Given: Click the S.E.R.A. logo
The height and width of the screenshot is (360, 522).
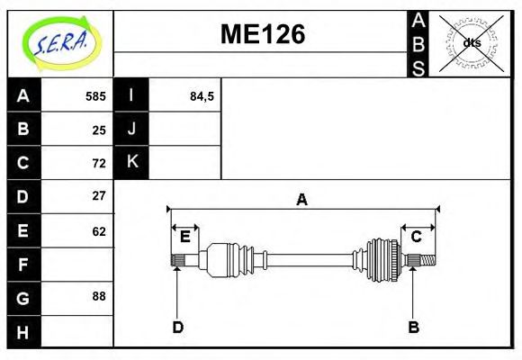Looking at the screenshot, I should (60, 40).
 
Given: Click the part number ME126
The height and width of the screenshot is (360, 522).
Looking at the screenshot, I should (263, 35).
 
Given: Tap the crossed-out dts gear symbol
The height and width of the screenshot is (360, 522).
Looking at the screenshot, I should (472, 42).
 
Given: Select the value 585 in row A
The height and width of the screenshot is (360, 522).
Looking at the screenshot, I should (95, 96).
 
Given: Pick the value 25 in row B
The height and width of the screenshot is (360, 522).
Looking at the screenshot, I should (99, 130).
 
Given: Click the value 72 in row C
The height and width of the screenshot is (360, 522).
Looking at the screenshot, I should (99, 163).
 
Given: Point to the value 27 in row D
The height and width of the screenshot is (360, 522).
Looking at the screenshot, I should (99, 196).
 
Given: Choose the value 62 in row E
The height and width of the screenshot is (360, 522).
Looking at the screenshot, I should (99, 231).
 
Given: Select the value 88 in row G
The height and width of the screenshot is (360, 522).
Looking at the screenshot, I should (99, 296).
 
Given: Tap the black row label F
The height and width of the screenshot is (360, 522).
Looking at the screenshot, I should (23, 265).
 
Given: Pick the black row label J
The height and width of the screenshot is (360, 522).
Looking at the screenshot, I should (131, 130).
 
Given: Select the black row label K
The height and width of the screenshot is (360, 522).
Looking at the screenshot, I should (131, 163).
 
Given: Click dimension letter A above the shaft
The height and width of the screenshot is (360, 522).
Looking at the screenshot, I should (302, 200).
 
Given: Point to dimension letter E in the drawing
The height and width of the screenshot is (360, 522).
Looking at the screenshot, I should (184, 237).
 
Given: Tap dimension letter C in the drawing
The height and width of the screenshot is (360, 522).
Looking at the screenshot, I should (416, 237).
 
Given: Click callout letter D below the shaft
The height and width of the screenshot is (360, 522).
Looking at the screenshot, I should (177, 327).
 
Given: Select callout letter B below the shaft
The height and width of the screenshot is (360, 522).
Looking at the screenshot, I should (413, 327).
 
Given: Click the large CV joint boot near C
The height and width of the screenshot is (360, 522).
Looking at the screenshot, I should (382, 261).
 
